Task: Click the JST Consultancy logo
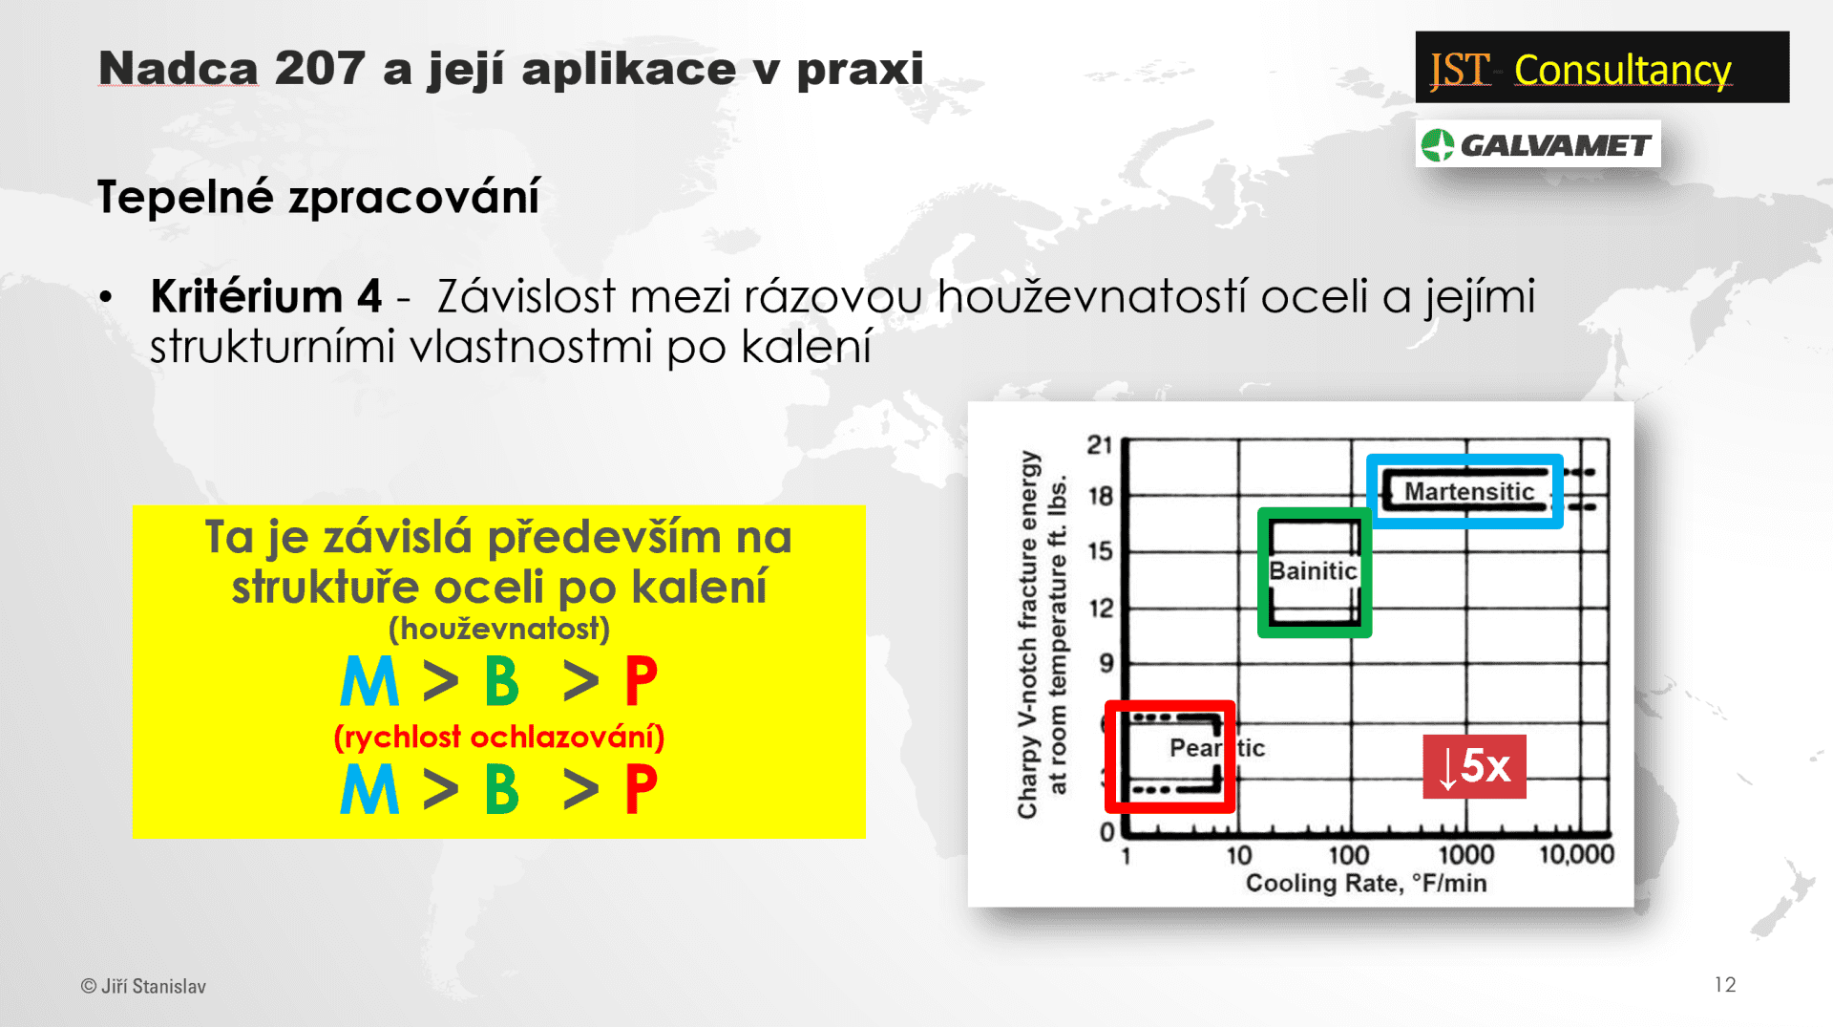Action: pos(1602,67)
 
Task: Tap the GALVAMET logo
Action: pos(1537,144)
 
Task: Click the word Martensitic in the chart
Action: pos(1468,491)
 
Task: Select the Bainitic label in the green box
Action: pos(1313,570)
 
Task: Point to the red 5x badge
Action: pos(1474,766)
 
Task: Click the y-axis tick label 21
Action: pos(1100,445)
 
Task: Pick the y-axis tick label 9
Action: pos(1106,663)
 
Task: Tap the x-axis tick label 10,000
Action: pos(1576,854)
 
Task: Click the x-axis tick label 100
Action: pos(1349,855)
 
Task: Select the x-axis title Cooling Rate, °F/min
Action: pos(1366,883)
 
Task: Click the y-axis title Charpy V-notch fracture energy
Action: pos(1027,635)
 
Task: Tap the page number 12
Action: pos(1725,985)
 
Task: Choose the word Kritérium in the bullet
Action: pos(247,296)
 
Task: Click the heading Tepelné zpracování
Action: pos(319,198)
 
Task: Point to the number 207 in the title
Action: pos(319,69)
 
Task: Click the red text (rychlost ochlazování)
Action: pos(499,737)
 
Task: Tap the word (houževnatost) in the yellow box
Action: pos(499,629)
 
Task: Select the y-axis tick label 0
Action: pos(1107,832)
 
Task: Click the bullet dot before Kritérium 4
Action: pos(106,298)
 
